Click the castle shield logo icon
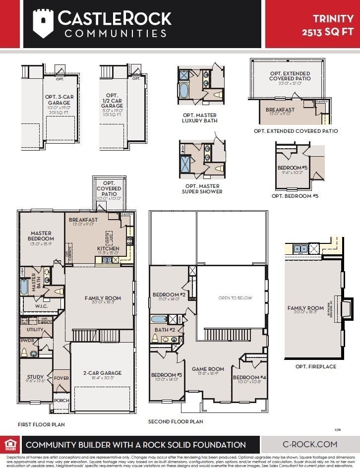(x=43, y=23)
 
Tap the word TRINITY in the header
(x=333, y=19)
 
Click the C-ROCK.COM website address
(x=310, y=444)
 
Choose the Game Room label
(x=208, y=369)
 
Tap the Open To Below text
(x=235, y=298)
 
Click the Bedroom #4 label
(x=249, y=378)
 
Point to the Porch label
(x=61, y=401)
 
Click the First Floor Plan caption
(x=41, y=424)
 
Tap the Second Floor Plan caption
(x=176, y=421)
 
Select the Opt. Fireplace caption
(x=315, y=366)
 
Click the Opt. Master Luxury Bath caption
(x=199, y=117)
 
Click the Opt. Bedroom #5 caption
(x=295, y=196)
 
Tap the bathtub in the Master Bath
(x=24, y=287)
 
